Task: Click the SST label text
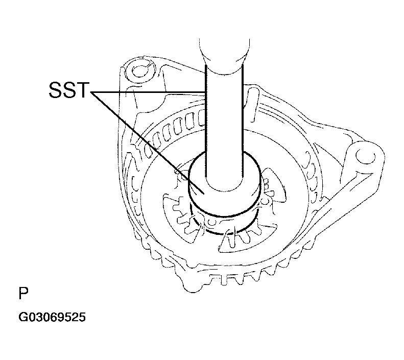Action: click(x=68, y=92)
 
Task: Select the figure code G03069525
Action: click(x=52, y=318)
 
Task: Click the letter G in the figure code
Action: click(x=23, y=318)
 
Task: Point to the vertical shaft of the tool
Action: click(x=224, y=117)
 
